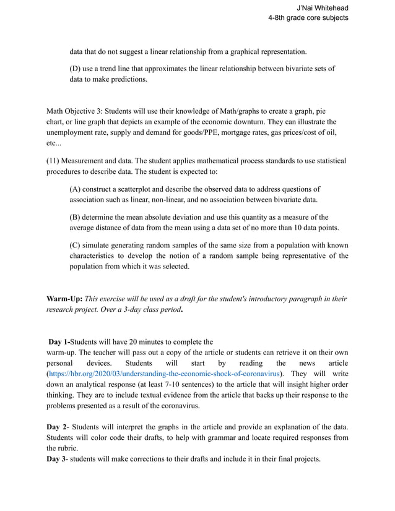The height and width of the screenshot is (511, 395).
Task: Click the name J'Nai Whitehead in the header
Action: point(323,7)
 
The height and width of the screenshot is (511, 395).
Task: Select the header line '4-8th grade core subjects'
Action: point(308,18)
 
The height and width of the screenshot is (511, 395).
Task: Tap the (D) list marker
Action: point(76,68)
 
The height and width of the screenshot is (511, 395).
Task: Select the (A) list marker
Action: point(76,189)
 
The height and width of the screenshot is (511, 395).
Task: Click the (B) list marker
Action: point(76,217)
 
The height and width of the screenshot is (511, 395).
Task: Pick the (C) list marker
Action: point(76,244)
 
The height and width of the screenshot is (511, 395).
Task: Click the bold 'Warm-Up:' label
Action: point(64,298)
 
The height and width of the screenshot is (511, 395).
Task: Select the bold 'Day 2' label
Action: point(57,426)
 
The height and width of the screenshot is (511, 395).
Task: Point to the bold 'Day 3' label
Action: point(57,458)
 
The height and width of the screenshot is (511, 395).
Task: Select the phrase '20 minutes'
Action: point(146,341)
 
